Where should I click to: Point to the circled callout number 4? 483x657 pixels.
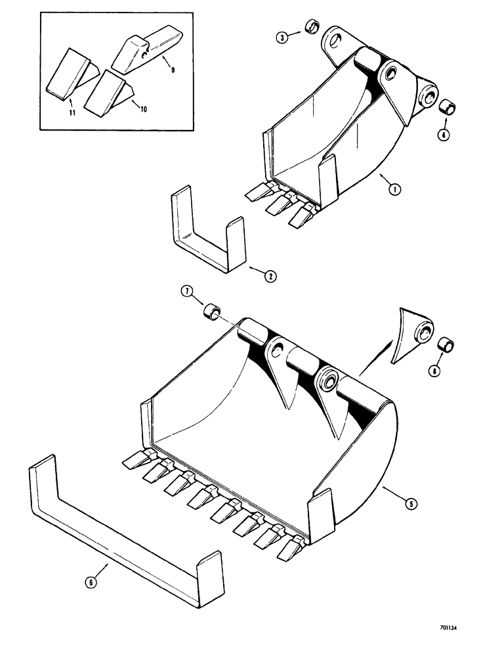pyautogui.click(x=444, y=136)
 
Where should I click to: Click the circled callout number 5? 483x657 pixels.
pyautogui.click(x=411, y=505)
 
